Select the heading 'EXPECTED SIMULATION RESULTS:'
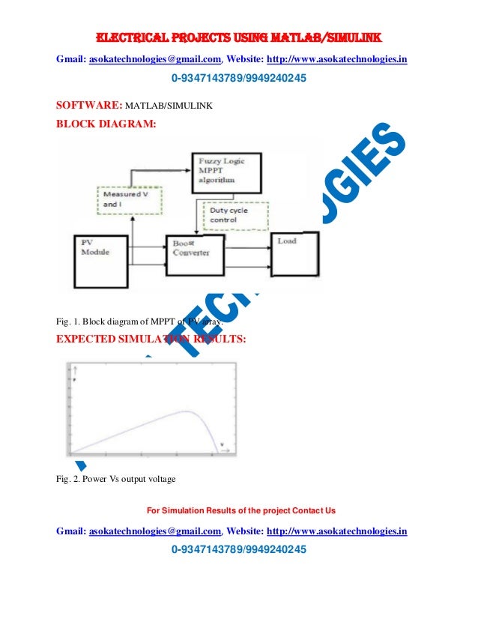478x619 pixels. [151, 338]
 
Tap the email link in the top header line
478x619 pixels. [155, 58]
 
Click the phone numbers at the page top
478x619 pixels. [239, 78]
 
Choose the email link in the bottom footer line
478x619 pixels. [155, 531]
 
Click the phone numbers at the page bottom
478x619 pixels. [239, 551]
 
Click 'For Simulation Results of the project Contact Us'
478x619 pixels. [240, 511]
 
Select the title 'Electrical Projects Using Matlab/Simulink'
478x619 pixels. [238, 38]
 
